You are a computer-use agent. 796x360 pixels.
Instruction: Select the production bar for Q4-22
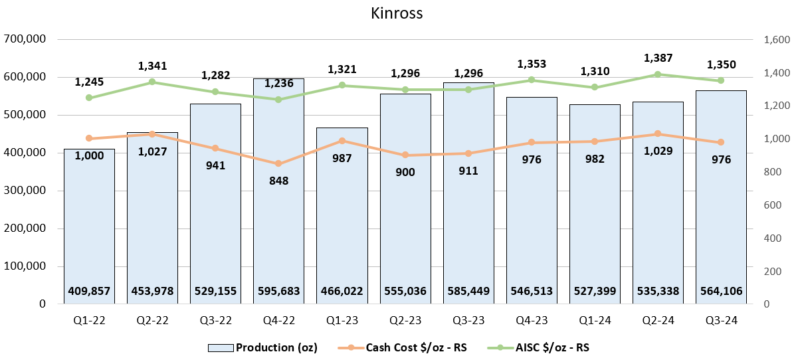click(x=279, y=199)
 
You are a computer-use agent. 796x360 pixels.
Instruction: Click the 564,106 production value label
click(x=722, y=290)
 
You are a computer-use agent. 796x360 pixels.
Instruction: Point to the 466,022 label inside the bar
click(x=342, y=290)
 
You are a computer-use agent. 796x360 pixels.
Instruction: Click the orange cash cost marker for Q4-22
click(x=279, y=164)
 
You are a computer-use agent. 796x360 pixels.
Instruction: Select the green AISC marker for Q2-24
click(x=658, y=74)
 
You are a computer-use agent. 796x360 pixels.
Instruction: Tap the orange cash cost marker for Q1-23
click(x=342, y=141)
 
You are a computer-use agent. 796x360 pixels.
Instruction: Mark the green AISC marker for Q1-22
click(x=90, y=98)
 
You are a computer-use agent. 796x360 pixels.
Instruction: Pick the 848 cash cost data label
click(x=279, y=181)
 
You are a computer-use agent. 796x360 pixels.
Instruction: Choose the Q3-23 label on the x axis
click(x=468, y=320)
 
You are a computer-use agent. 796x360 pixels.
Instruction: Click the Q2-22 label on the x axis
click(x=153, y=320)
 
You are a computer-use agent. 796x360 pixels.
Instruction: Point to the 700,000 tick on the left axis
click(x=25, y=39)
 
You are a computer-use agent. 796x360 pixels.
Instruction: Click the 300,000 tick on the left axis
click(x=25, y=191)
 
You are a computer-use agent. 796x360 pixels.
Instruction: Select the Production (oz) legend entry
click(x=263, y=347)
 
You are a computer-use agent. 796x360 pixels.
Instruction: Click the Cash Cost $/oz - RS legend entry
click(x=401, y=347)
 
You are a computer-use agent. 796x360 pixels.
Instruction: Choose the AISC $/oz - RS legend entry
click(x=540, y=347)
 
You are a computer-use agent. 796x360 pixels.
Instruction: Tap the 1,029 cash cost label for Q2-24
click(x=658, y=151)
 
